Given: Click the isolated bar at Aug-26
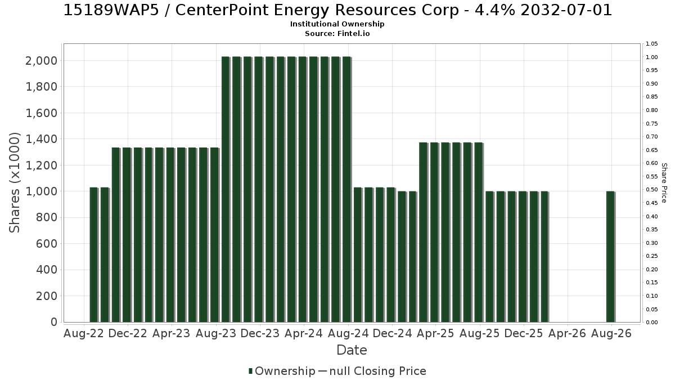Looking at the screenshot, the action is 610,257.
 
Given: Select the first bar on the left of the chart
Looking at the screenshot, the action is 94,255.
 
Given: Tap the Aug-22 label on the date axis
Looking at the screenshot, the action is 84,333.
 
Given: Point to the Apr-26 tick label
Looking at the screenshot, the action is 567,333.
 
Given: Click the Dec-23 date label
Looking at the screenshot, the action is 260,333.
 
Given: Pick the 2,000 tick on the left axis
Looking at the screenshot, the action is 41,61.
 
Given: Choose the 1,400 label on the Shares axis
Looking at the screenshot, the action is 41,139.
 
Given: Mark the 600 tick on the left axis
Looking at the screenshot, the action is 46,244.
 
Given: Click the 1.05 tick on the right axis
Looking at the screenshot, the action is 651,44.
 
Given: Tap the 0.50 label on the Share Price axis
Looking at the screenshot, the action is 651,190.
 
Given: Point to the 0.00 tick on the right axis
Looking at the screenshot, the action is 651,323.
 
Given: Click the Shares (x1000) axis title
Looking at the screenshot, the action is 15,183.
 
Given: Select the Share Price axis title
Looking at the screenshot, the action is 664,183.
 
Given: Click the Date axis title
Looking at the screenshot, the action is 352,350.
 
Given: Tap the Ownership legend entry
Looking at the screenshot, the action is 282,371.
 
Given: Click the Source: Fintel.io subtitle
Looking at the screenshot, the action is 337,33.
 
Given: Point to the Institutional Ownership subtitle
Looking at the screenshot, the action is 337,24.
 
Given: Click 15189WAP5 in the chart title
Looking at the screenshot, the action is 111,10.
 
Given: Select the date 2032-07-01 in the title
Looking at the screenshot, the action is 566,10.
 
